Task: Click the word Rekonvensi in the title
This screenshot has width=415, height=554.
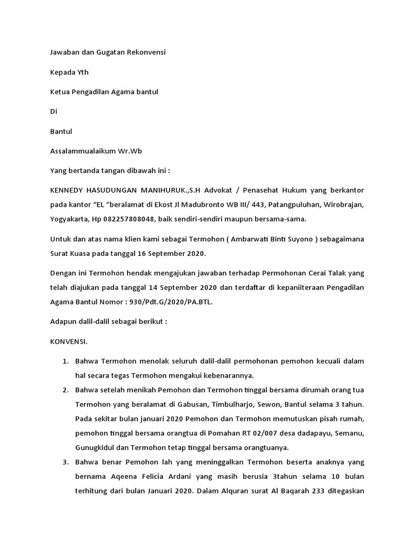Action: [146, 52]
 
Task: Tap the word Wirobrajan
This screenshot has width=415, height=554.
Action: [339, 205]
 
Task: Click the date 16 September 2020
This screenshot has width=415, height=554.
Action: [168, 253]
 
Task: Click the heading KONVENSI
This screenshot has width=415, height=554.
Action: [69, 342]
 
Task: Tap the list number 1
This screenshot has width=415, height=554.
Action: [65, 361]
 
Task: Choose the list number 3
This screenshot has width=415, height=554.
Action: [65, 463]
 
